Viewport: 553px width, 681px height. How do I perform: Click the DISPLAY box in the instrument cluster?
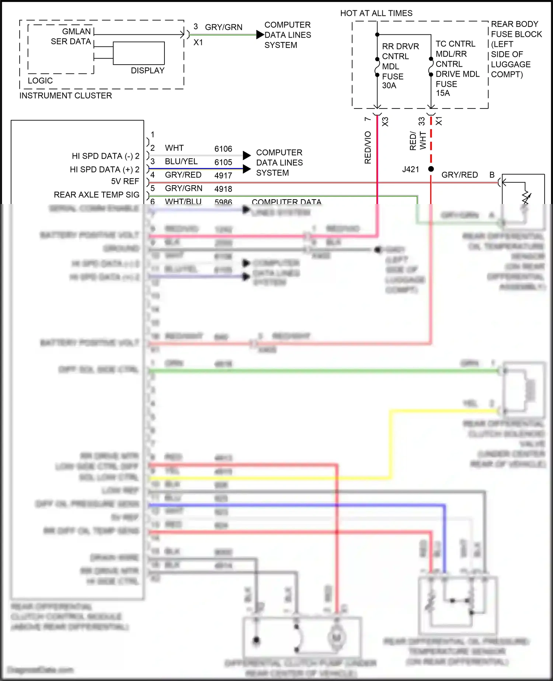(x=139, y=53)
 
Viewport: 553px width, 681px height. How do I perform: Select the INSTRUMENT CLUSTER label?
(x=66, y=96)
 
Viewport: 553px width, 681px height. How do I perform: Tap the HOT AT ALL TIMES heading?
(x=376, y=13)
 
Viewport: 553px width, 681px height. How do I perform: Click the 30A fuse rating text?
(x=389, y=86)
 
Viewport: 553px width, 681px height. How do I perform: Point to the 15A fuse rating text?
(x=443, y=93)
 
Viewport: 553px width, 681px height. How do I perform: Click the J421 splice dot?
(x=431, y=169)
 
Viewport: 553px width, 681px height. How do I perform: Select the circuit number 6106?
(x=223, y=149)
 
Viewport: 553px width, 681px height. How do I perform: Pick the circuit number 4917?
(x=223, y=176)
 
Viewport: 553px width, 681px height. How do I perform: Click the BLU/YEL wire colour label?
(x=181, y=162)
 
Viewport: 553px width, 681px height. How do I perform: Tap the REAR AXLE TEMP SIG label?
(x=97, y=195)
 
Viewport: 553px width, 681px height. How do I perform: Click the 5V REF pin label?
(x=125, y=182)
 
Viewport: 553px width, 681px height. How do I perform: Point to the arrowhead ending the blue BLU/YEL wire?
(x=247, y=169)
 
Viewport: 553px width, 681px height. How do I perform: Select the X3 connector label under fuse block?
(x=385, y=122)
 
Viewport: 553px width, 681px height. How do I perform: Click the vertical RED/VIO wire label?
(x=368, y=148)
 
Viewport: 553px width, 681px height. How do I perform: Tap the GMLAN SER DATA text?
(x=72, y=37)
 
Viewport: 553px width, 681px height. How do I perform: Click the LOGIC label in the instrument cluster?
(x=40, y=81)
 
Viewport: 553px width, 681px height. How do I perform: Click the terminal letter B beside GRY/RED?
(x=492, y=175)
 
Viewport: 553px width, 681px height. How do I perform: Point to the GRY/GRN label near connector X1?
(x=223, y=27)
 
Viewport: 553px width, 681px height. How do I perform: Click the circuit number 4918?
(x=223, y=189)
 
